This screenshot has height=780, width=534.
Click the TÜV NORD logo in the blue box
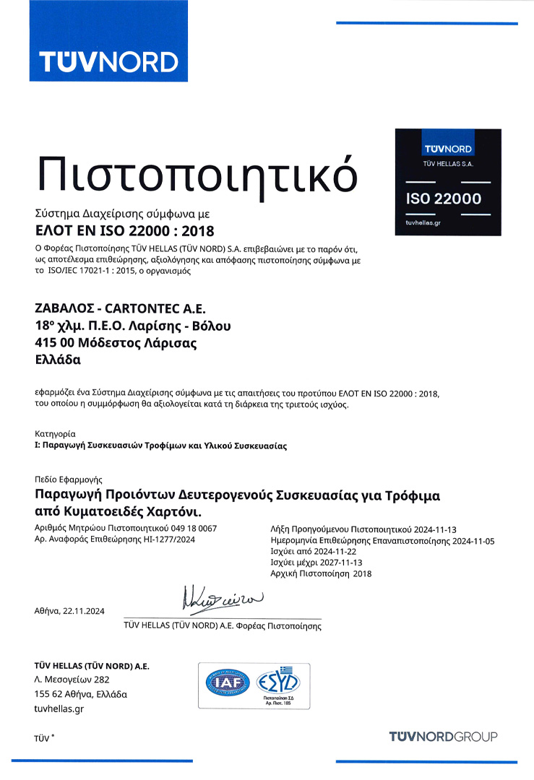tap(108, 61)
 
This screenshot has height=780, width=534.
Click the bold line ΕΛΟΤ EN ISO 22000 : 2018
tap(125, 231)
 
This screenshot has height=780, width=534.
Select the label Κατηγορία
tap(55, 434)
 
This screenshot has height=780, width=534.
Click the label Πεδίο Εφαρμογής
tap(69, 479)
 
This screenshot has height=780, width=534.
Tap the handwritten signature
tap(221, 598)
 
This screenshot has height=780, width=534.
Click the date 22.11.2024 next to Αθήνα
tap(85, 611)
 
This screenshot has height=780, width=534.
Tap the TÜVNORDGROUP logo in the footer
tap(443, 737)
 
